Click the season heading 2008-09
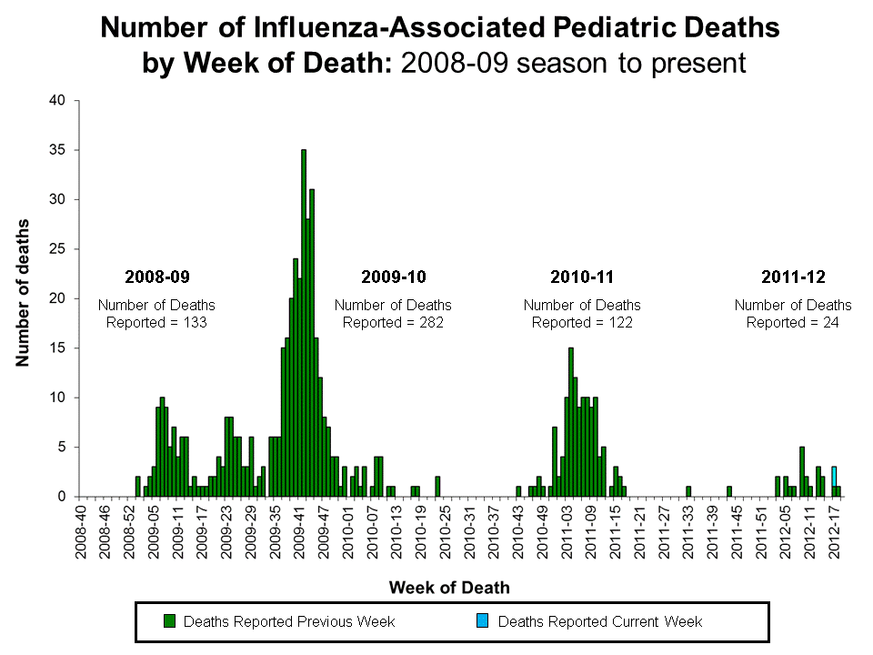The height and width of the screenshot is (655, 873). pos(156,277)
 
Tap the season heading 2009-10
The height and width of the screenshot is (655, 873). pos(393,277)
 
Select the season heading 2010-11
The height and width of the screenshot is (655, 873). pos(582,277)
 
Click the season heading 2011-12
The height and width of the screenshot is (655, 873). pos(793,277)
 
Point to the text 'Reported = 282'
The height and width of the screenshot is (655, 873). pos(393,322)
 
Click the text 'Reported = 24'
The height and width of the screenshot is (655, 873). pos(793,322)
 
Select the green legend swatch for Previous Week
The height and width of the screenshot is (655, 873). pos(169,621)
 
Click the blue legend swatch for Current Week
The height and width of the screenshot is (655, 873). pos(483,621)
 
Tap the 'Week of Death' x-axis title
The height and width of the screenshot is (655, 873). pos(449,588)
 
